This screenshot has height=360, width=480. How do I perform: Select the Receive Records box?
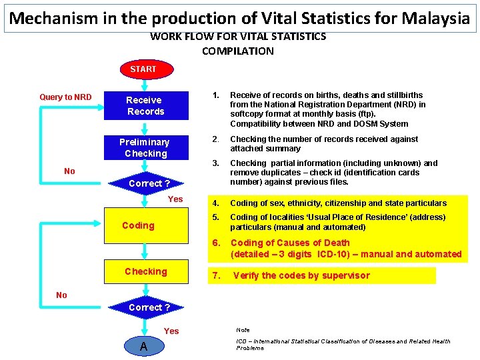pyautogui.click(x=146, y=106)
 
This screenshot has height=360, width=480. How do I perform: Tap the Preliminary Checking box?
pyautogui.click(x=145, y=147)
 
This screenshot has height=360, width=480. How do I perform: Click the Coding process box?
pyautogui.click(x=139, y=225)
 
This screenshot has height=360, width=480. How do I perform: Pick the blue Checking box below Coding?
pyautogui.click(x=146, y=271)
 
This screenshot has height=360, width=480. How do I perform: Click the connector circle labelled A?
pyautogui.click(x=143, y=347)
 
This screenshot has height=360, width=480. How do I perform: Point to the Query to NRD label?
pyautogui.click(x=65, y=97)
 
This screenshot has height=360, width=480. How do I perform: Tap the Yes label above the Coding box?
pyautogui.click(x=175, y=199)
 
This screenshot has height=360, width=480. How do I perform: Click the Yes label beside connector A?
pyautogui.click(x=171, y=331)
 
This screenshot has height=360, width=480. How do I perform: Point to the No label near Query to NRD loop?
pyautogui.click(x=69, y=171)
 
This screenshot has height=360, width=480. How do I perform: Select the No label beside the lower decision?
pyautogui.click(x=61, y=295)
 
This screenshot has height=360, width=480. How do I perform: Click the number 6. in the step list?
pyautogui.click(x=215, y=243)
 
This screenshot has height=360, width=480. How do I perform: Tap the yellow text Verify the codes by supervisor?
pyautogui.click(x=301, y=275)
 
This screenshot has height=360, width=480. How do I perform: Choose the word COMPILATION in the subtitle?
pyautogui.click(x=237, y=51)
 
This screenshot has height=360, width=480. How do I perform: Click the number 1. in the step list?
pyautogui.click(x=215, y=95)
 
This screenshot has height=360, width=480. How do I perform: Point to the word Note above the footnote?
pyautogui.click(x=243, y=330)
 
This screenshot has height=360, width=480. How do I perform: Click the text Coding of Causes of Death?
pyautogui.click(x=290, y=243)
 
